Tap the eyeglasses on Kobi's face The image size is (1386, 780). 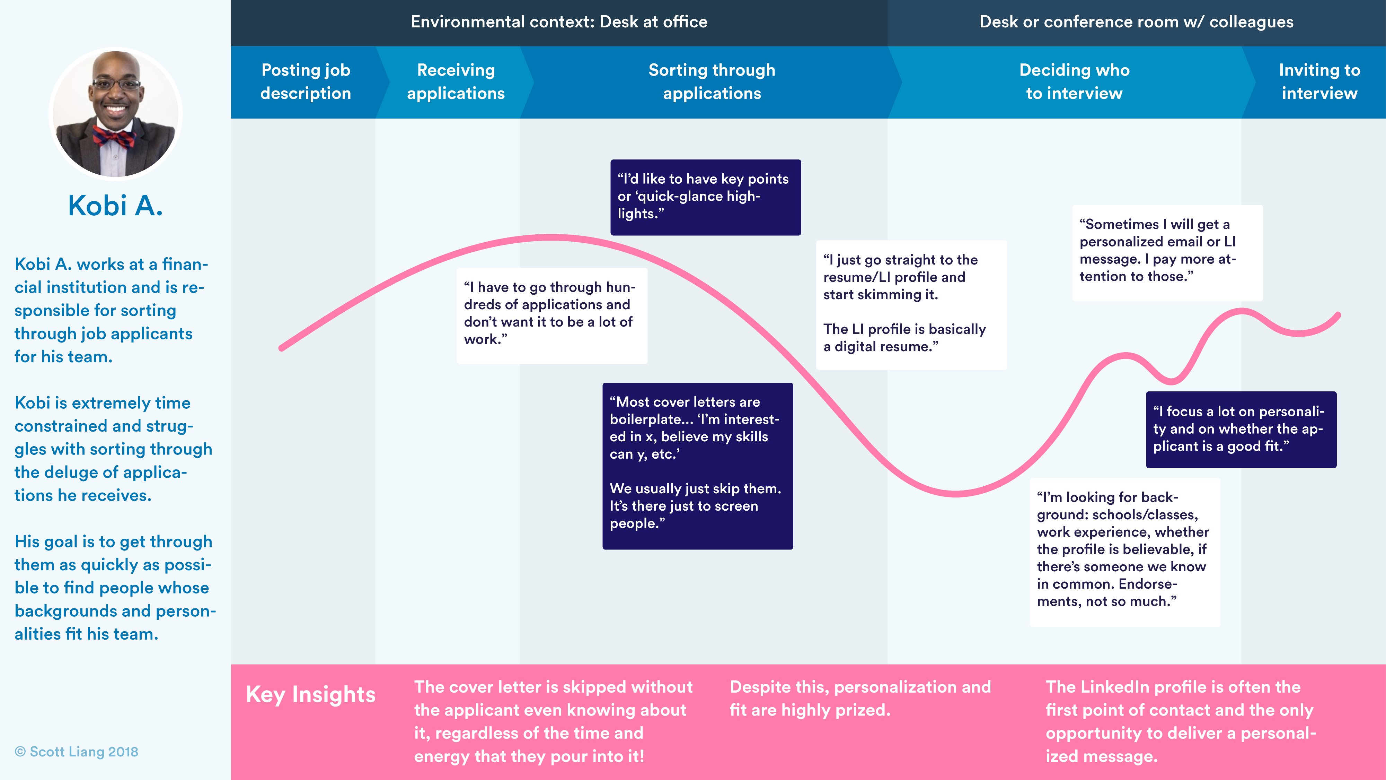coord(116,85)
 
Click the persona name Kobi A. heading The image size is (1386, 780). coord(115,206)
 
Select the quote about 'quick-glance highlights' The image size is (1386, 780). coord(705,197)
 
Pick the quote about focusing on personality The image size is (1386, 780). coord(1241,429)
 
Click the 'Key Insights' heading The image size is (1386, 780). coord(310,694)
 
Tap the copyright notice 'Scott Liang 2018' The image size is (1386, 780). coord(77,752)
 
